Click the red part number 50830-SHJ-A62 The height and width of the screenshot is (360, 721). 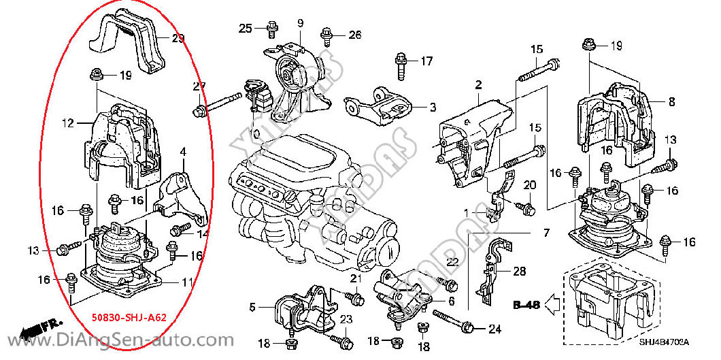[129, 317]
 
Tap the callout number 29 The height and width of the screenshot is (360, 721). [178, 39]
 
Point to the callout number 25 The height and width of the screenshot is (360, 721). [245, 28]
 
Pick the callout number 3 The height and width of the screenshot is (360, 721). [432, 107]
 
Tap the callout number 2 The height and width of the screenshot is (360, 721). [478, 85]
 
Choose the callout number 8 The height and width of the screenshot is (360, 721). [671, 102]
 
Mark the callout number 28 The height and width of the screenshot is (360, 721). [520, 272]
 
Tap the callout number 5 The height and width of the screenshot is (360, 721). [252, 307]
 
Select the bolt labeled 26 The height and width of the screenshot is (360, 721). [328, 33]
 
